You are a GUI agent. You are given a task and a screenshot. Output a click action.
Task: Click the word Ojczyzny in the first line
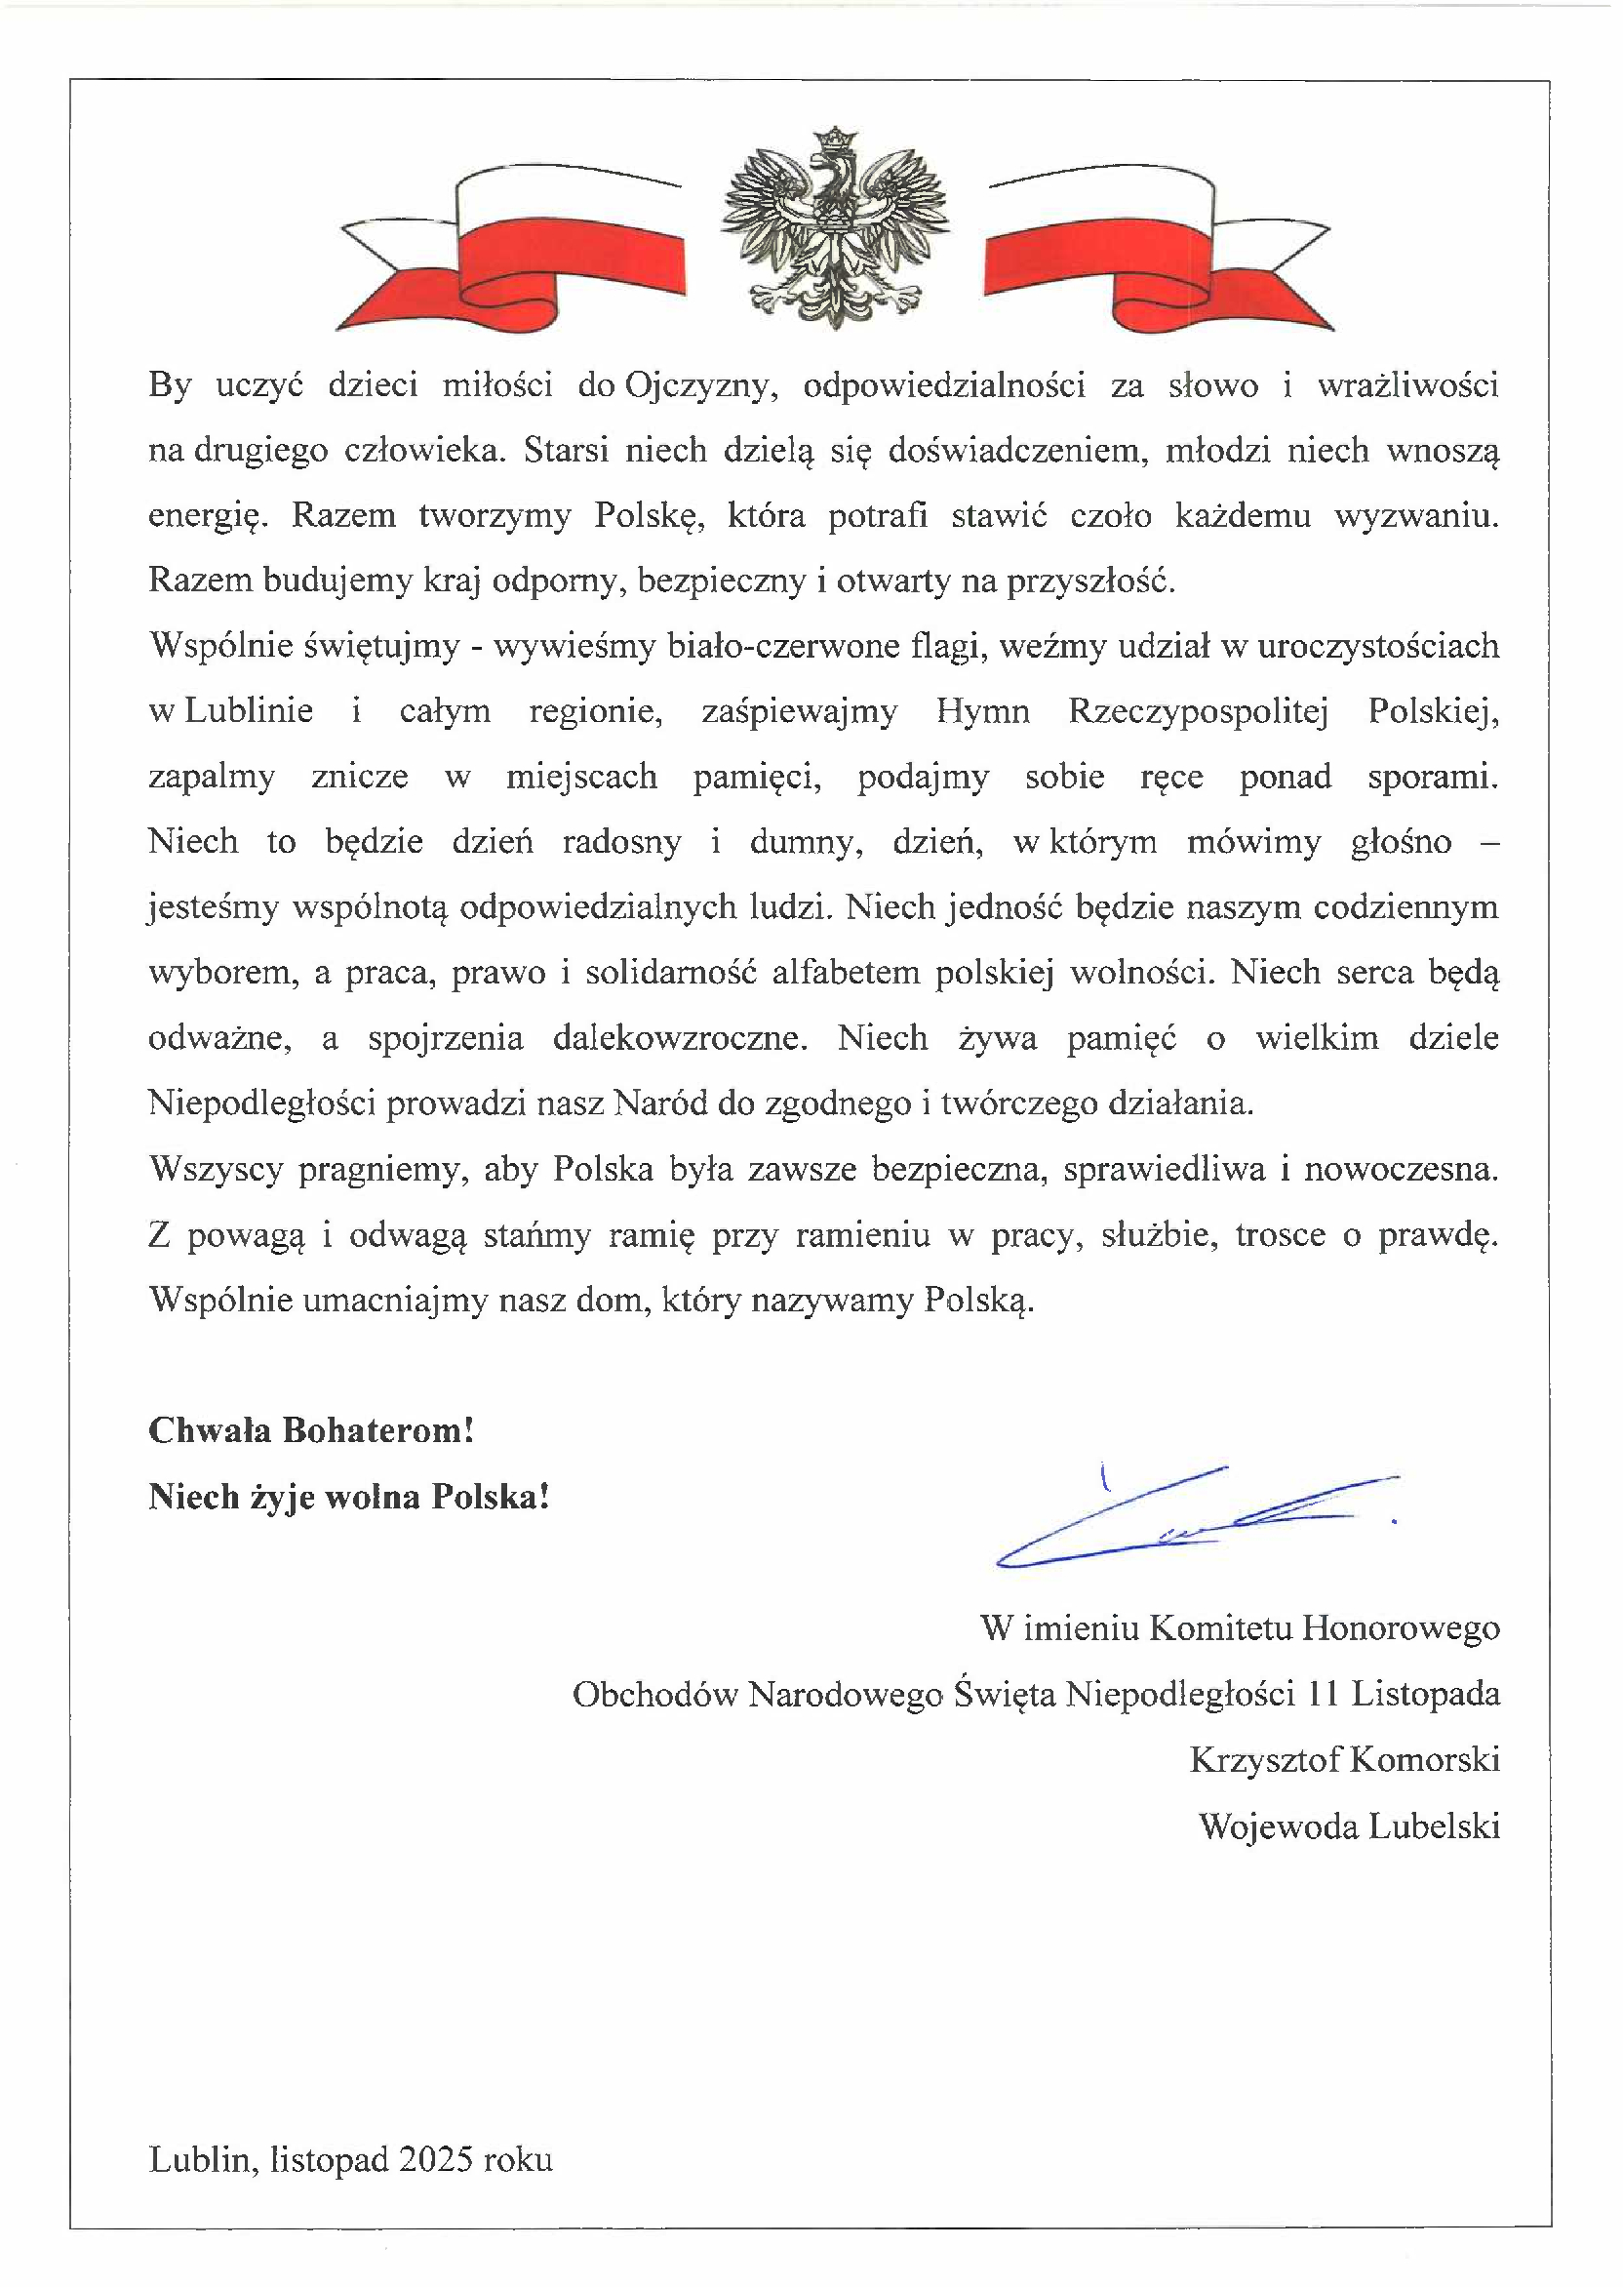click(x=699, y=384)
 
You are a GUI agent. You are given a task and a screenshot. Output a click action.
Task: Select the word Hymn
click(x=982, y=710)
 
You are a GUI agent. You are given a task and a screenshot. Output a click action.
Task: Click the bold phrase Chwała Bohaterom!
click(x=311, y=1430)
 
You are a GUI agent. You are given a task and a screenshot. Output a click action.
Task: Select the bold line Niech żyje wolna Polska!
click(x=349, y=1497)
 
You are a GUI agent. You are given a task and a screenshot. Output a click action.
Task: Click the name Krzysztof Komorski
click(x=1344, y=1759)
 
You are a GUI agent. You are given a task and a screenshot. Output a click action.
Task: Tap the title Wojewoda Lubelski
click(x=1349, y=1826)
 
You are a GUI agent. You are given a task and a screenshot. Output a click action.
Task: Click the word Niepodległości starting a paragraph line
click(x=261, y=1103)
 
